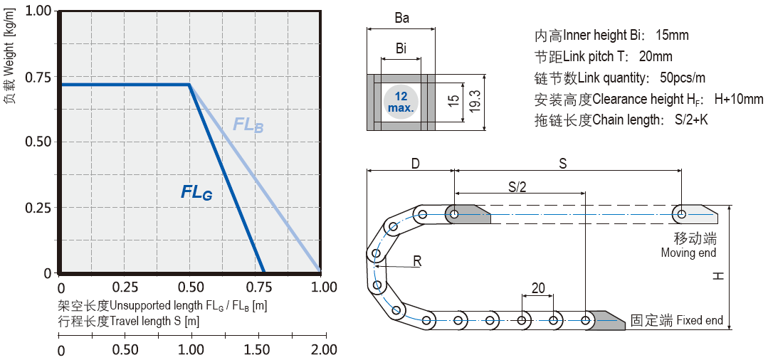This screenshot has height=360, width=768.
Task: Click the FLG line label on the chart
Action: tap(196, 191)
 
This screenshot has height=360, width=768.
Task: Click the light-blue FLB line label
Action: tap(248, 125)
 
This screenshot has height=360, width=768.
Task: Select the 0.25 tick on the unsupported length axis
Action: tap(126, 287)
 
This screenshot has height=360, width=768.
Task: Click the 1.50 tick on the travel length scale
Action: tap(258, 349)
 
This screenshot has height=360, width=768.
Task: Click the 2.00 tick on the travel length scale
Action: tap(324, 349)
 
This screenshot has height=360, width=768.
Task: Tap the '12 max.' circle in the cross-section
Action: tap(401, 102)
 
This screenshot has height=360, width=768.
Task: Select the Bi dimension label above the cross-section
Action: tap(401, 48)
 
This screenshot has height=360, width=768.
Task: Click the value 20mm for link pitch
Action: tap(655, 56)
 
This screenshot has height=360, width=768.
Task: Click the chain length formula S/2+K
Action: tap(690, 120)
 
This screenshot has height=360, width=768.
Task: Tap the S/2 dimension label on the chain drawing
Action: tap(518, 186)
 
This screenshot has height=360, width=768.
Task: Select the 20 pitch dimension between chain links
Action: tap(538, 288)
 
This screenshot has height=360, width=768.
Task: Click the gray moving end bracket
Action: tap(700, 213)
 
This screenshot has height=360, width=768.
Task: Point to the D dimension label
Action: tap(415, 164)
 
